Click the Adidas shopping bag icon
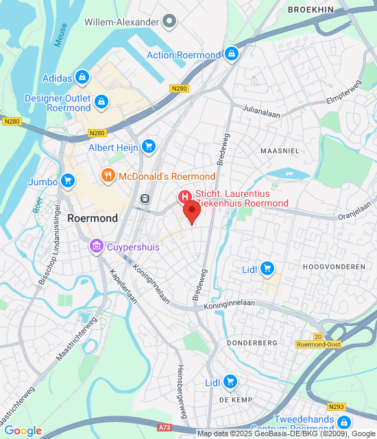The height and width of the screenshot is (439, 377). pyautogui.click(x=82, y=77)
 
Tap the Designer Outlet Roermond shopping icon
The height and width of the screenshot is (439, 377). pyautogui.click(x=101, y=102)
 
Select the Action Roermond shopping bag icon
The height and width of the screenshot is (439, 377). pyautogui.click(x=232, y=54)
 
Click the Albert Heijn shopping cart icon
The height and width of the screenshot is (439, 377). pyautogui.click(x=149, y=146)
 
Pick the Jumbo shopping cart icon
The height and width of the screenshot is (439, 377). pyautogui.click(x=66, y=181)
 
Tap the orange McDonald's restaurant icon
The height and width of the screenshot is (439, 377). pyautogui.click(x=108, y=176)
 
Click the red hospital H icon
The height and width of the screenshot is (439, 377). pyautogui.click(x=184, y=198)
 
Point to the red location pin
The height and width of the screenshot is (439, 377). pyautogui.click(x=193, y=212)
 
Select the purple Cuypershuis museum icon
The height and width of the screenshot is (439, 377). pyautogui.click(x=96, y=245)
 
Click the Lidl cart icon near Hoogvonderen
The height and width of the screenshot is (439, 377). pyautogui.click(x=268, y=268)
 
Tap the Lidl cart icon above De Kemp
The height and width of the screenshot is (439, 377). pyautogui.click(x=230, y=381)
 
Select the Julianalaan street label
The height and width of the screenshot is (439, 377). pyautogui.click(x=261, y=112)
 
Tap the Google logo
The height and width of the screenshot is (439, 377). pyautogui.click(x=23, y=431)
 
